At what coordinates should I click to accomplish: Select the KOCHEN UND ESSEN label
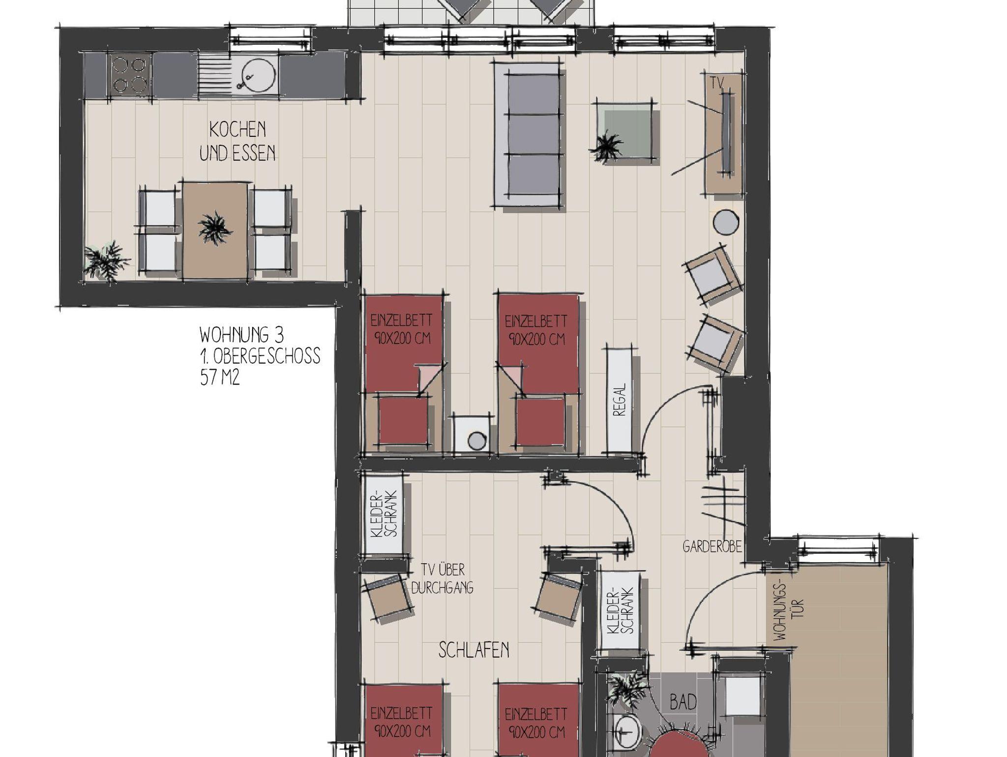237,142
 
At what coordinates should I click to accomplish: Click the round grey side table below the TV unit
725,221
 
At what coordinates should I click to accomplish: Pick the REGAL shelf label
620,399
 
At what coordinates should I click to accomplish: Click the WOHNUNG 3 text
241,335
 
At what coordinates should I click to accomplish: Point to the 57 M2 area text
219,378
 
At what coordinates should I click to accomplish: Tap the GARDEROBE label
711,547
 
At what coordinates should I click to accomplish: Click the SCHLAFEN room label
474,650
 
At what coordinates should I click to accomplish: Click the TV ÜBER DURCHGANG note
442,579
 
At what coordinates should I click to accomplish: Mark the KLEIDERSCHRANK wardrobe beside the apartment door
620,610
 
